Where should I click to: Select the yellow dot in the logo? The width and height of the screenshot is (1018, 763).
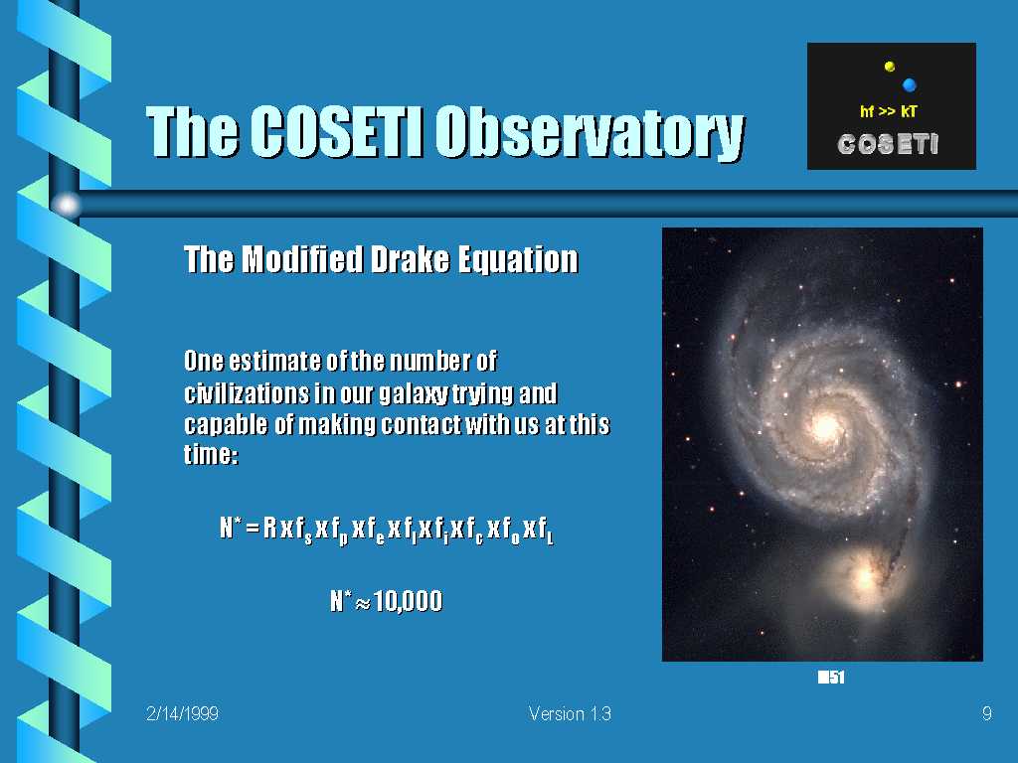(890, 67)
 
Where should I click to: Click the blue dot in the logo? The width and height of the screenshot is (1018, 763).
(910, 84)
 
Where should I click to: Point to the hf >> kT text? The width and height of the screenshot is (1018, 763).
(889, 111)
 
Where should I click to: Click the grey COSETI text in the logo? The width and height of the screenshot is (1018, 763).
(888, 144)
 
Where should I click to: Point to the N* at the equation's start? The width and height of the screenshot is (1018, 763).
(231, 528)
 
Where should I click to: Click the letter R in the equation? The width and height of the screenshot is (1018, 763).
(270, 529)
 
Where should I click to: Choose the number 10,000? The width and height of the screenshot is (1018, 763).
(409, 601)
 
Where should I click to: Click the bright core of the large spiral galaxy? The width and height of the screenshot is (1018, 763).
(826, 426)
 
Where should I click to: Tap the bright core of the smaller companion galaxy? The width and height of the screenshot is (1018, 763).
(865, 575)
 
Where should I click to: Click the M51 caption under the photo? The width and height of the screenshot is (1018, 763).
(831, 678)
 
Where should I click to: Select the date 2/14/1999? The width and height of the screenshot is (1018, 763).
(183, 714)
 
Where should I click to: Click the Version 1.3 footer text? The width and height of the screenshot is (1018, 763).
(570, 714)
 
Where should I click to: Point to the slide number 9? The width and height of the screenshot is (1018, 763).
(987, 714)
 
